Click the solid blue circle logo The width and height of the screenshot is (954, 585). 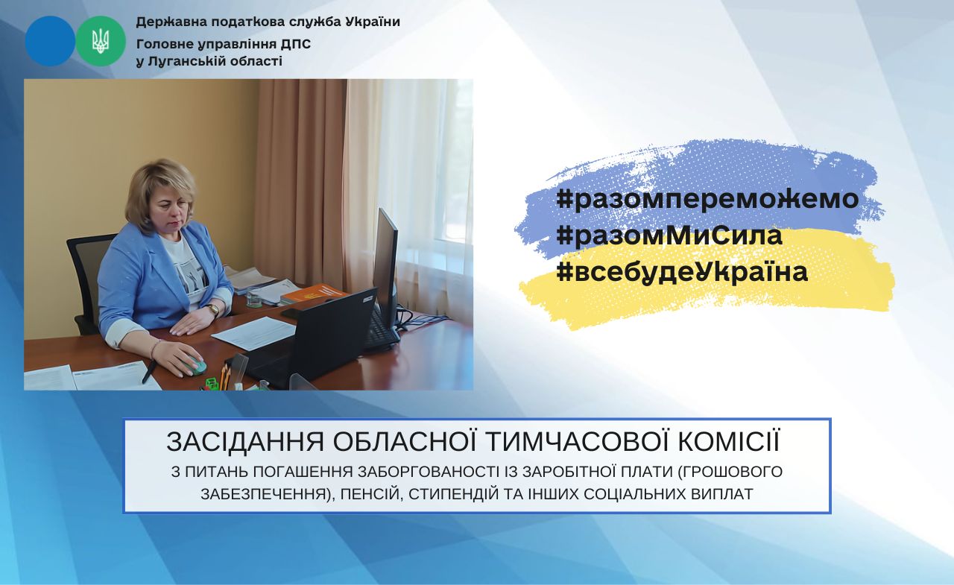pyautogui.click(x=50, y=41)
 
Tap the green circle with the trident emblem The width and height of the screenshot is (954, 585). pyautogui.click(x=101, y=41)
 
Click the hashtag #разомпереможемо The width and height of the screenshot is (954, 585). pyautogui.click(x=707, y=199)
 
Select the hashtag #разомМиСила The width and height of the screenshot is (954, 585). pyautogui.click(x=669, y=235)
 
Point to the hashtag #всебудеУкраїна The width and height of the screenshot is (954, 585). pyautogui.click(x=682, y=272)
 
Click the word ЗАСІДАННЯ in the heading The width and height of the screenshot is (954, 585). pyautogui.click(x=245, y=442)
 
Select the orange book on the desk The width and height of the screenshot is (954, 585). pyautogui.click(x=314, y=294)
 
